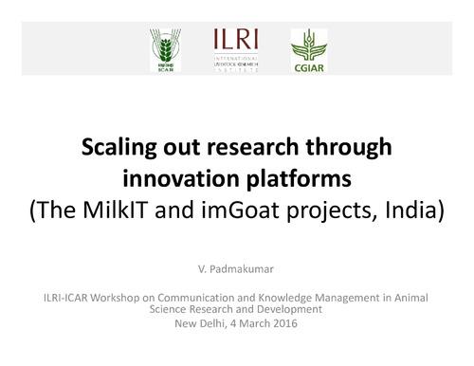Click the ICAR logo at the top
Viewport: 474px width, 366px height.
[163, 50]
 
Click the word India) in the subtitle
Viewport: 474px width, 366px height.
[414, 209]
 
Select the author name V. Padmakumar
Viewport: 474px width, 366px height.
[237, 268]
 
